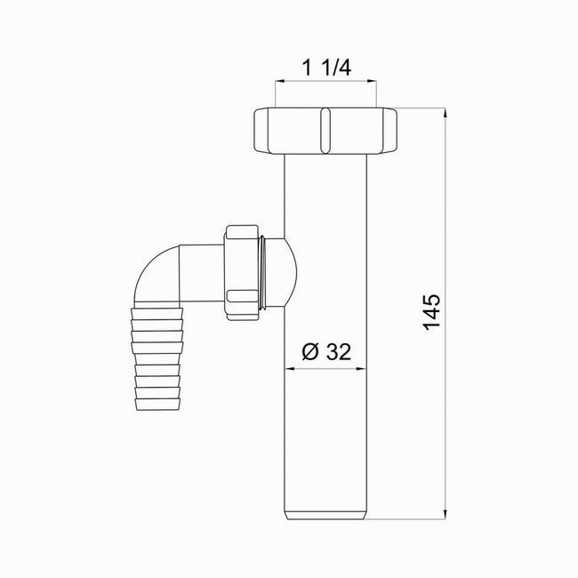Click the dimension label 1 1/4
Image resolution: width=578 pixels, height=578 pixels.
pos(326,68)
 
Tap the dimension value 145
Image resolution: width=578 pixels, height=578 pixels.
pos(431,312)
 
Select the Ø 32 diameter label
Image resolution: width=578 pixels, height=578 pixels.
pos(326,351)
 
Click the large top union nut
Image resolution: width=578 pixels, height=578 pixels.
pos(325,131)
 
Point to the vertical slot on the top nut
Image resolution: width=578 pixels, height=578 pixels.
pos(325,131)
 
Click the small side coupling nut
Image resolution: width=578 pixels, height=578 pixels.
pos(242,273)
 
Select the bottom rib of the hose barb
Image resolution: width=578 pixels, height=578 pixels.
pos(157,404)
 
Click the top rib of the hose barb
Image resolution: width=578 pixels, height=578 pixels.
pos(157,313)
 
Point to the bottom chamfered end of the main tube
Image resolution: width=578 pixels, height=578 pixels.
pos(325,515)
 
